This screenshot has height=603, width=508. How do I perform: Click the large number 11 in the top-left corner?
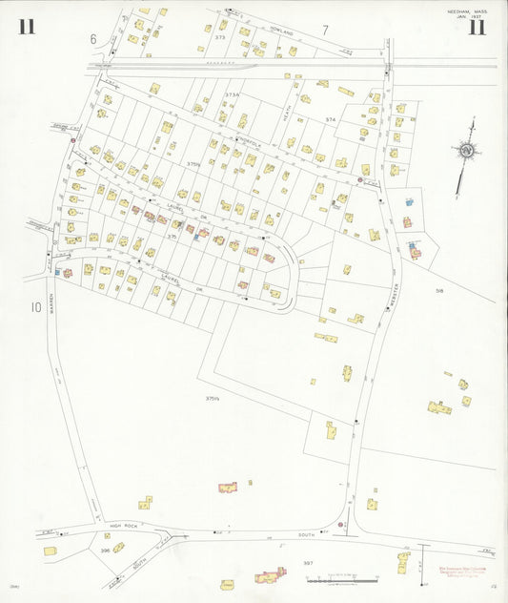coord(26,26)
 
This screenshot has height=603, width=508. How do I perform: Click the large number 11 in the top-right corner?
coord(476,27)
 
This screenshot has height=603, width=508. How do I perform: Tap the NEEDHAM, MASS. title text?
coord(466,11)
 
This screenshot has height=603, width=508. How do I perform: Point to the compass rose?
coord(466,150)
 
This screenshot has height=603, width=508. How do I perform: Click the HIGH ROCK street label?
coord(124,526)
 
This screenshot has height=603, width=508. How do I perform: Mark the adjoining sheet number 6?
coord(93,39)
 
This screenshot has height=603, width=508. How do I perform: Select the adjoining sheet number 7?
coord(325,30)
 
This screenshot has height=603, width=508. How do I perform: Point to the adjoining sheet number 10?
coord(36,307)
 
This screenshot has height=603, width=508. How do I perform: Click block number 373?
coord(220,37)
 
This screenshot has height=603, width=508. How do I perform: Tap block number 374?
coord(331,119)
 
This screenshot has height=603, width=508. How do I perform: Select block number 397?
coord(308,564)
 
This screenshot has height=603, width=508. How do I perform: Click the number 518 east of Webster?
coord(439,290)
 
